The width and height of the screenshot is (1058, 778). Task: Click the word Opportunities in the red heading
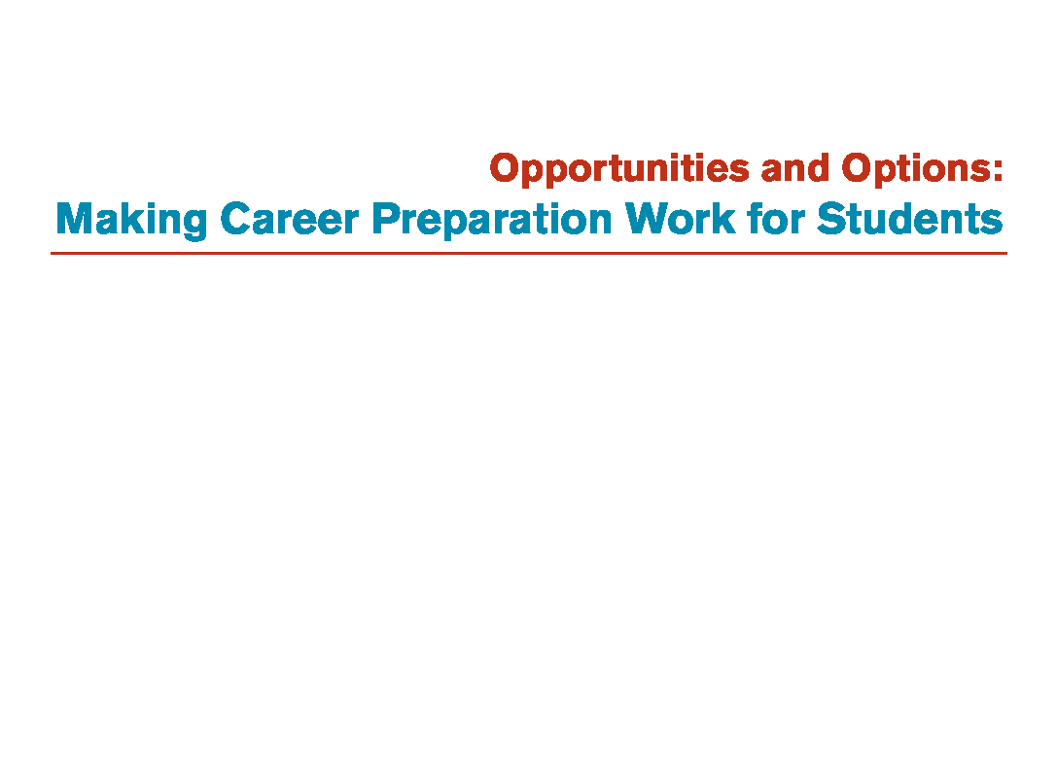(619, 168)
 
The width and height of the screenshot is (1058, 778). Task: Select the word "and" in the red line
(794, 167)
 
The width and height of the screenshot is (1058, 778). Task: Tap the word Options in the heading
(916, 168)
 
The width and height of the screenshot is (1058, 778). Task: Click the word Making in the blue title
(131, 220)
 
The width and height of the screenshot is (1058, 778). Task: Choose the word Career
(290, 219)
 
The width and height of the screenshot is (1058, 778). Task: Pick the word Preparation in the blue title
(492, 220)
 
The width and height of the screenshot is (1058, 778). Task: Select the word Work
(680, 219)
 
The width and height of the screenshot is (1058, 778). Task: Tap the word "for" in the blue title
(776, 219)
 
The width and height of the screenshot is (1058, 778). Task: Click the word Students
(909, 219)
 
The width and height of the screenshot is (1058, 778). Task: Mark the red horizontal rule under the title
(529, 254)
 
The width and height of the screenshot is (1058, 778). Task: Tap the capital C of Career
(236, 219)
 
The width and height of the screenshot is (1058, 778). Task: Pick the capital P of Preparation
(386, 219)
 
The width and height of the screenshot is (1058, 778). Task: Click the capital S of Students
(831, 219)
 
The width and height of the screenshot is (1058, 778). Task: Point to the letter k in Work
(723, 219)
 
